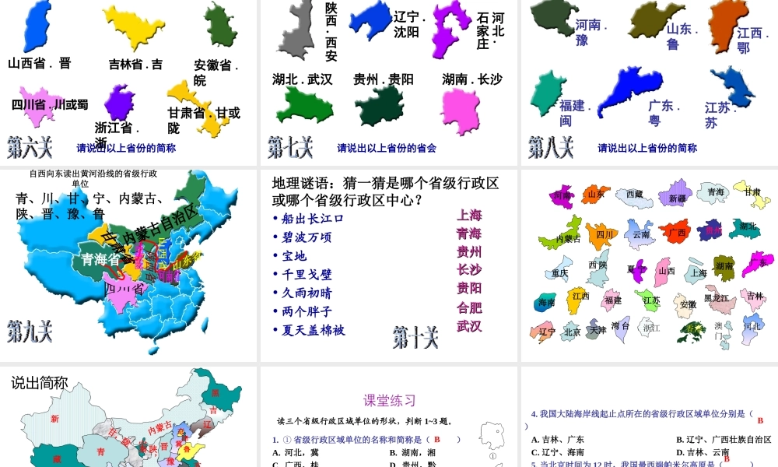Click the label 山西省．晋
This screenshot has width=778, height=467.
(40, 63)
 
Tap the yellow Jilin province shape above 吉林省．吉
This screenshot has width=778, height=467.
(133, 29)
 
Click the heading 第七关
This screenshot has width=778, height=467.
(291, 146)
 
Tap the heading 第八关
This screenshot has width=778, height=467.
(551, 146)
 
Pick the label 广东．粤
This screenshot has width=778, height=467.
(664, 113)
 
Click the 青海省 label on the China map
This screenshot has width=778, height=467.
(101, 259)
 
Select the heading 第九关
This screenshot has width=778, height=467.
(30, 331)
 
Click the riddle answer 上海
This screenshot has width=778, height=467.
(469, 215)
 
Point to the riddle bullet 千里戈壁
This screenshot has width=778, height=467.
(307, 274)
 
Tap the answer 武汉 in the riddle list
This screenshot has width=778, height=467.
(469, 325)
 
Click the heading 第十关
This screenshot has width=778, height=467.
(415, 337)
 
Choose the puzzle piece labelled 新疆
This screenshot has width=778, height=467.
(677, 198)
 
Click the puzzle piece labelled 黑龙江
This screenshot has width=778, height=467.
(717, 297)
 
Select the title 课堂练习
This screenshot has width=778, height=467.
(390, 400)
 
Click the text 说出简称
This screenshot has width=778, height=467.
(40, 382)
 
